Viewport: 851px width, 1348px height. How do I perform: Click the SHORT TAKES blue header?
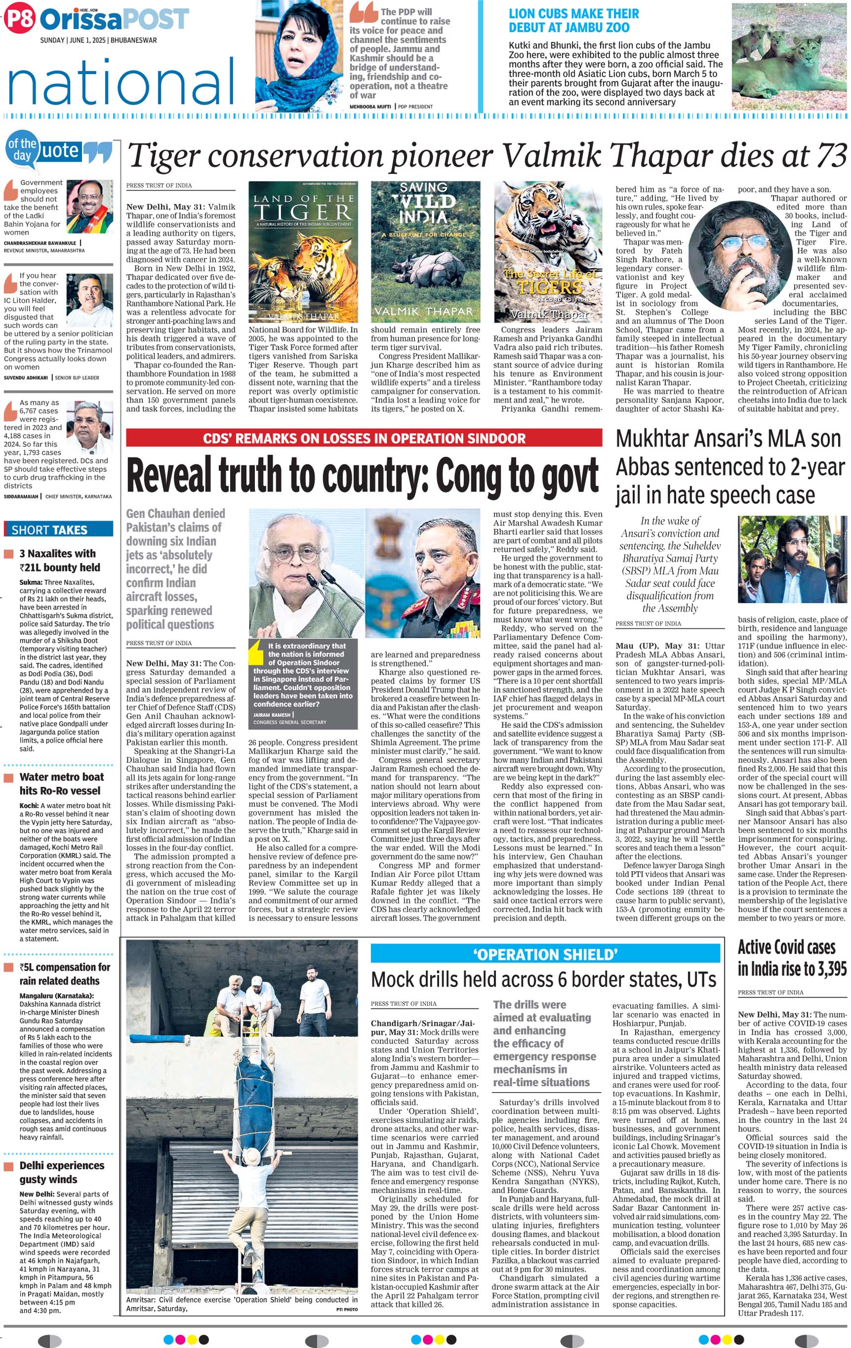click(x=58, y=529)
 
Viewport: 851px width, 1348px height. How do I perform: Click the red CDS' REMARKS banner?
click(x=364, y=438)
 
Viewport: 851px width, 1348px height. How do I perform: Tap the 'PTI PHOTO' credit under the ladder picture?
click(x=346, y=1310)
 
